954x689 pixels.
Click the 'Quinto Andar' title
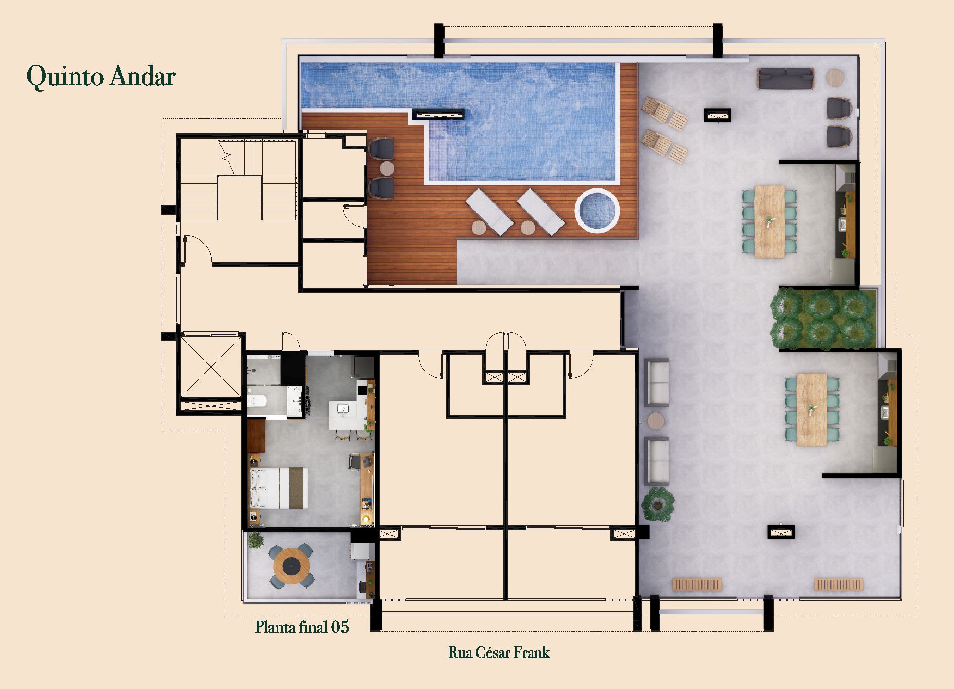(x=101, y=77)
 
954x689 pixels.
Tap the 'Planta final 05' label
(x=302, y=627)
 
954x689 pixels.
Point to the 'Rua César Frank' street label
(x=499, y=652)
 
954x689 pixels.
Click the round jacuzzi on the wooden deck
(x=597, y=211)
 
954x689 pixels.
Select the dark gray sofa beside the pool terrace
(x=786, y=79)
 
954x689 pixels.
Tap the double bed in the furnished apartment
(x=279, y=488)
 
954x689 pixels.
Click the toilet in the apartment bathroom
(x=256, y=401)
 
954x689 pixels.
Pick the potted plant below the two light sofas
(x=658, y=503)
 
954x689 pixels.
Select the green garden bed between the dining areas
(x=823, y=318)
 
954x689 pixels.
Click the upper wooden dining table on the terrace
(x=770, y=221)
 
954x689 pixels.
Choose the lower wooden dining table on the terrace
(x=812, y=409)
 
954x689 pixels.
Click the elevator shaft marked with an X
(x=211, y=366)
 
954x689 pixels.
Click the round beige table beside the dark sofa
(x=835, y=78)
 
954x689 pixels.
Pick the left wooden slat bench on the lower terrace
(x=697, y=584)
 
